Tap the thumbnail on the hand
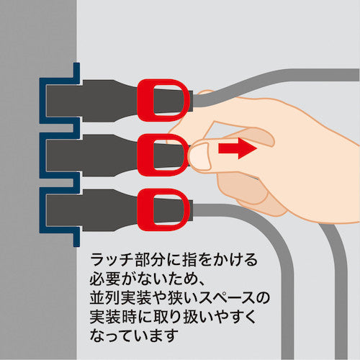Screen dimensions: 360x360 (x=201, y=154)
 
